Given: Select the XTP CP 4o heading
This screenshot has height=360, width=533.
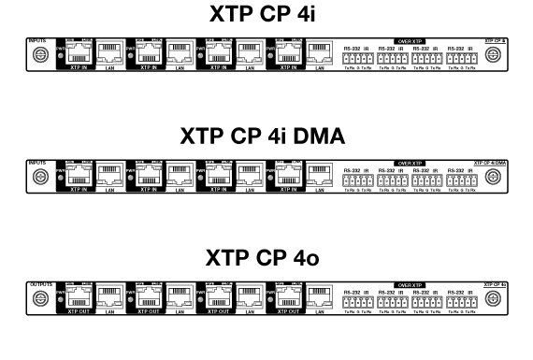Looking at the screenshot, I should click(x=266, y=259).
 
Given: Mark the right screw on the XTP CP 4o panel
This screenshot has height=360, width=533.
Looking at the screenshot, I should click(x=493, y=297).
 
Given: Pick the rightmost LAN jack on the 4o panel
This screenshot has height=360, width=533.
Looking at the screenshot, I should click(x=318, y=295).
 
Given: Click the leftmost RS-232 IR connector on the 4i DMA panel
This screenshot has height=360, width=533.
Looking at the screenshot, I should click(x=358, y=178).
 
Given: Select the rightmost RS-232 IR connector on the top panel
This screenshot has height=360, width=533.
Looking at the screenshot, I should click(x=462, y=57).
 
